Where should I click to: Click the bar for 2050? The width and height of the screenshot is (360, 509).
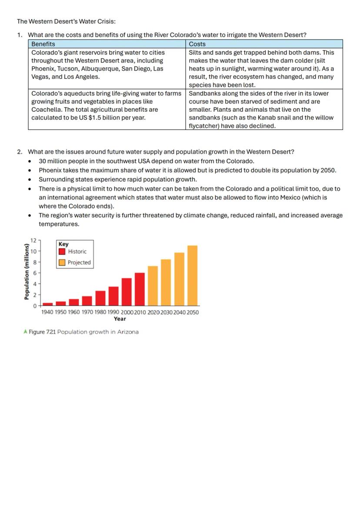click(193, 276)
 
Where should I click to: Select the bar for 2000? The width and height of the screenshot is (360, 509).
click(127, 292)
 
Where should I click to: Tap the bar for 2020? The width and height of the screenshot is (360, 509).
click(153, 286)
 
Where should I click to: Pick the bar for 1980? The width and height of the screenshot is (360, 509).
click(100, 298)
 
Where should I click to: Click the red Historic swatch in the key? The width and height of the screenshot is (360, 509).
click(62, 251)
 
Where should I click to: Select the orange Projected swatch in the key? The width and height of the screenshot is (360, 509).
click(62, 262)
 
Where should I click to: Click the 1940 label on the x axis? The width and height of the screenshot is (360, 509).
click(48, 312)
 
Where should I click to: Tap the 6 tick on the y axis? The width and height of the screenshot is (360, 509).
click(35, 273)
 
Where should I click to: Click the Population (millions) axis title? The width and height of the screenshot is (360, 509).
click(27, 272)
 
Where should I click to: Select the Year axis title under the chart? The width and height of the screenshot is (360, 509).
click(120, 319)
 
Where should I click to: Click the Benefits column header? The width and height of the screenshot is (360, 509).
click(43, 44)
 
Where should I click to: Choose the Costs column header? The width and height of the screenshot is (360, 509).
click(197, 44)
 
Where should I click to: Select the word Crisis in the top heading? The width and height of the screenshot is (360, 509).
click(105, 21)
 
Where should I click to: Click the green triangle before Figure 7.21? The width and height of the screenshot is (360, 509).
click(25, 332)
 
